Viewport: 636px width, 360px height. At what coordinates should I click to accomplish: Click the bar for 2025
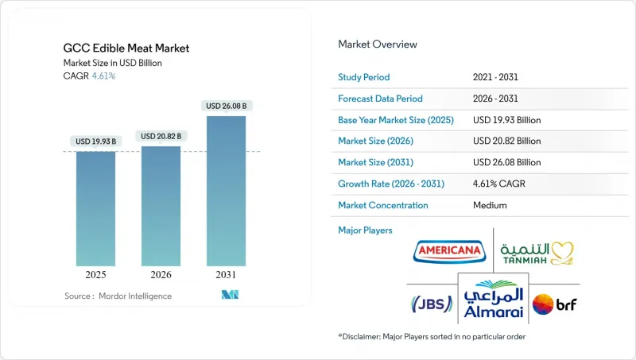pos(95,208)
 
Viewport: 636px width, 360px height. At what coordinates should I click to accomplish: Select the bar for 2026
pos(161,206)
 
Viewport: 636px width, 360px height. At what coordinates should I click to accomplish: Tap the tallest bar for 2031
pos(226,191)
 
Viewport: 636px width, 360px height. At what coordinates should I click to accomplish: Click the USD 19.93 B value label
pos(95,141)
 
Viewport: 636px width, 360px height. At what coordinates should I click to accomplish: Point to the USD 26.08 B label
pos(226,106)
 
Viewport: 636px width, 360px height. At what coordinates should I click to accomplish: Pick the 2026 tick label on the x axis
pos(161,275)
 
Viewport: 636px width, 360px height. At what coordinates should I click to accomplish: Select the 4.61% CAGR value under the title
pos(103,76)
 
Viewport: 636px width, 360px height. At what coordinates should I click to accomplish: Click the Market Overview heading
pos(377,44)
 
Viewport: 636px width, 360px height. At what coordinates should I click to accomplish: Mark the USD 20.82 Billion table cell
pos(506,141)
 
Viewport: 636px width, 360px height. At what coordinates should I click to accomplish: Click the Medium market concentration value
pos(489,205)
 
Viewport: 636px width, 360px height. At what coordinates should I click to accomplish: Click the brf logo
pos(555,303)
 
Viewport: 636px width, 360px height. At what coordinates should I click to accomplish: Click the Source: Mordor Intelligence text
pos(118,296)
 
